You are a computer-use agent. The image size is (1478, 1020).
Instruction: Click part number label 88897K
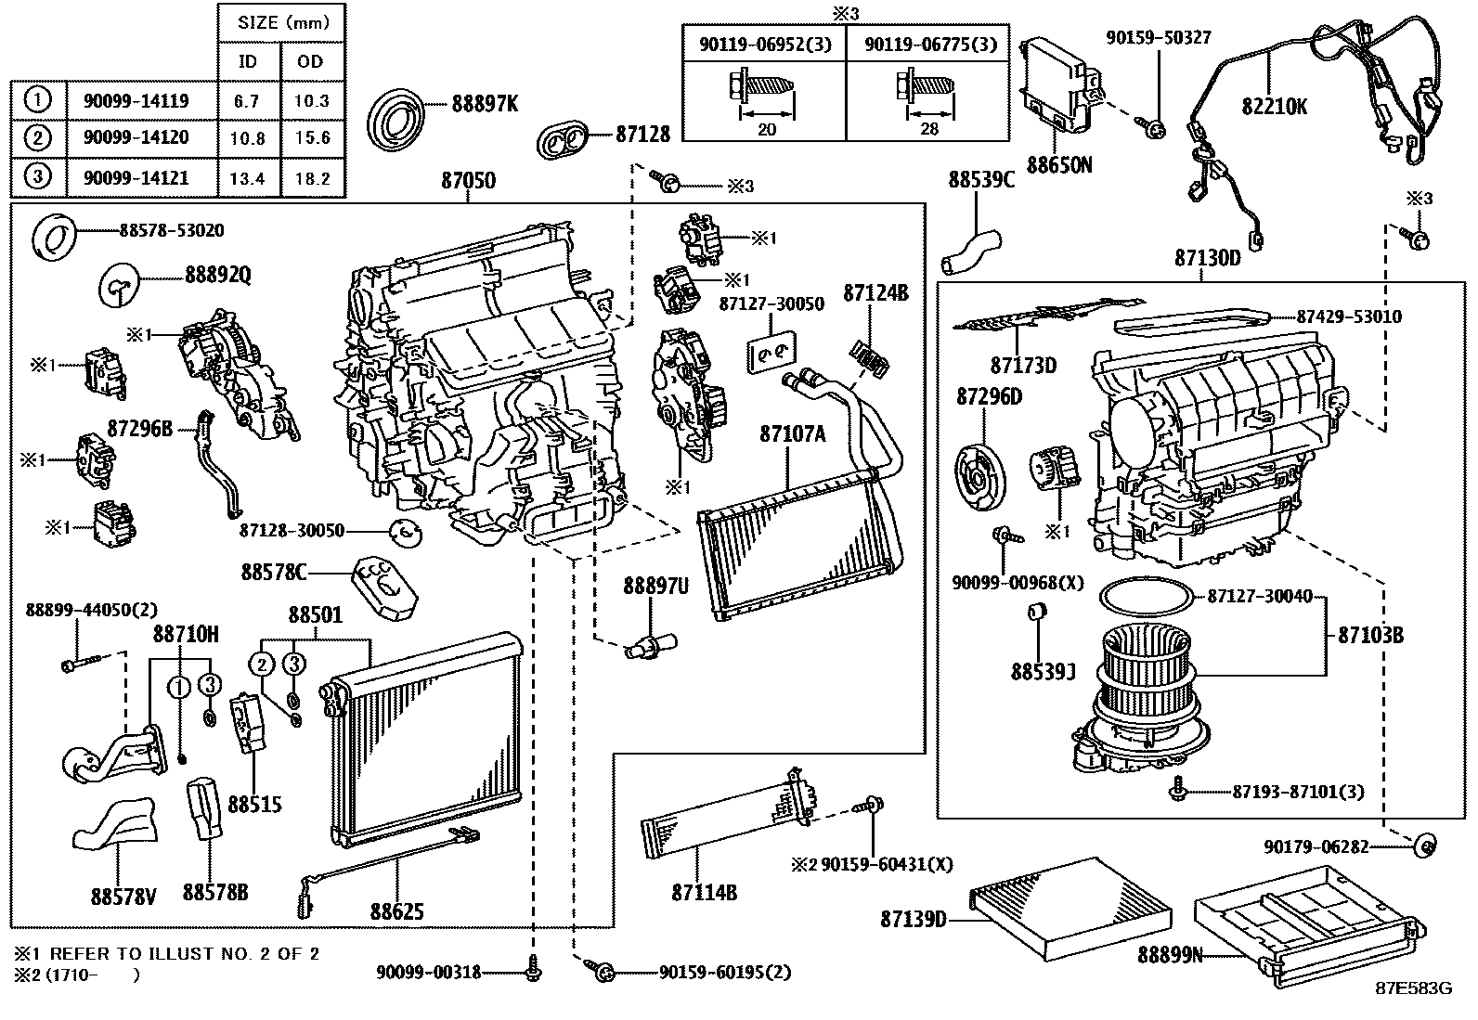pos(485,104)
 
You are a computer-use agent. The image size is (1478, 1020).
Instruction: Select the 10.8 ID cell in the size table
pos(247,139)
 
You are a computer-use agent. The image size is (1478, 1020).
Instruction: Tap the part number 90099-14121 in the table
pos(136,178)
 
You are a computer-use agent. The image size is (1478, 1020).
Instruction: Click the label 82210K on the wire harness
pos(1274,106)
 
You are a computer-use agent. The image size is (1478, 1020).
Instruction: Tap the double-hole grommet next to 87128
pos(566,141)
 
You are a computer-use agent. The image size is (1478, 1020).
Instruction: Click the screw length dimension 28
pos(929,129)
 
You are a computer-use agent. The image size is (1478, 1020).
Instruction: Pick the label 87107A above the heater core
pos(792,433)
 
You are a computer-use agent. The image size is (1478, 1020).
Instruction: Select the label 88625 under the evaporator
pos(396,911)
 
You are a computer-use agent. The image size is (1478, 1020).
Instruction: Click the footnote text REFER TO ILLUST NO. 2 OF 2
pos(184,954)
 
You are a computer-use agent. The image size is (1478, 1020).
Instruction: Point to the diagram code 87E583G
pos(1413,988)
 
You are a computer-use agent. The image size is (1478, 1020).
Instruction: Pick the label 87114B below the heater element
pos(704,892)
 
